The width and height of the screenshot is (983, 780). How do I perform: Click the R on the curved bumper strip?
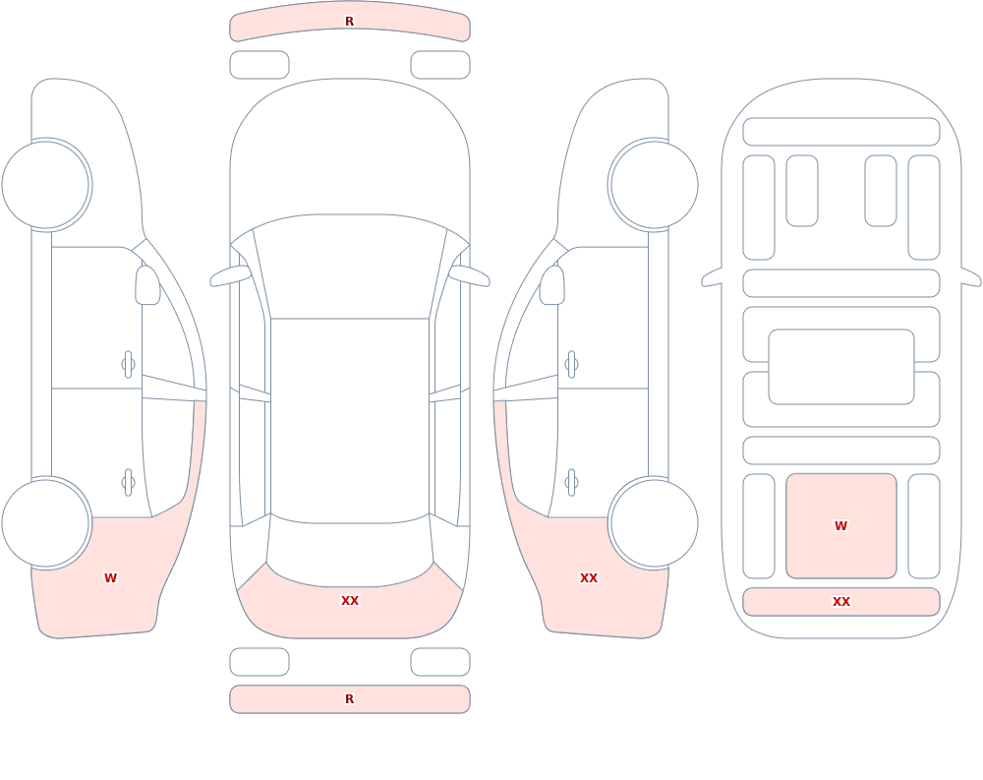[350, 22]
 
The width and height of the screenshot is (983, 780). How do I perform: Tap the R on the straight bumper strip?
[350, 699]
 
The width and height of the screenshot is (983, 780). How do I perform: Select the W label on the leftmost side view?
[110, 578]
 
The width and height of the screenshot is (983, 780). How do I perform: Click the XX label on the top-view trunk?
[350, 601]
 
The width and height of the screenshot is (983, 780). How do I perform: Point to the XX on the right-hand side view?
[589, 578]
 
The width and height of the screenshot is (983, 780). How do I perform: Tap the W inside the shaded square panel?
[841, 526]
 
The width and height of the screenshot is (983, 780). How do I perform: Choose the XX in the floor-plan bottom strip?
[841, 602]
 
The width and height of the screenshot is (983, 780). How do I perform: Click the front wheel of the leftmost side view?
[46, 185]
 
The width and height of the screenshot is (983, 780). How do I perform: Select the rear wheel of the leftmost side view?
[46, 523]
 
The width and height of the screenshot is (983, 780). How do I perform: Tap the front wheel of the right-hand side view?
[654, 185]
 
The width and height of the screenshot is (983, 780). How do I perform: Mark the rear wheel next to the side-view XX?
[654, 523]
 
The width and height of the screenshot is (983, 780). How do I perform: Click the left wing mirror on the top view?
[230, 275]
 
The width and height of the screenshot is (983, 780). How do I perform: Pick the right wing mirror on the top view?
[470, 275]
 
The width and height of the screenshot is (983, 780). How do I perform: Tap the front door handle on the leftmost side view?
[129, 365]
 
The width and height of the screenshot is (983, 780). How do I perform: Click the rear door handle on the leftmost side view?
[129, 483]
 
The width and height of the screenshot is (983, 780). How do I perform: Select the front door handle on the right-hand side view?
[571, 365]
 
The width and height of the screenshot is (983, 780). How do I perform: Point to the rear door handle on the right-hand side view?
[571, 483]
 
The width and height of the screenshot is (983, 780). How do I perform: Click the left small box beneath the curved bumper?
[260, 65]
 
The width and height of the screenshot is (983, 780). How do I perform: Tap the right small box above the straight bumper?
[440, 662]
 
